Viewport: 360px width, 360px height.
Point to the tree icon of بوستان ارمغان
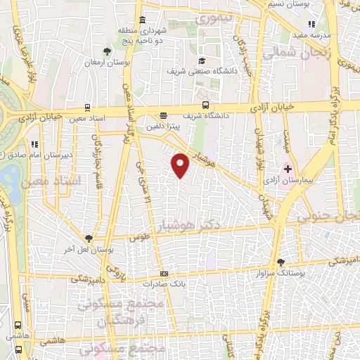point(107,51)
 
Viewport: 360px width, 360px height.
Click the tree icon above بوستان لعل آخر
point(89,238)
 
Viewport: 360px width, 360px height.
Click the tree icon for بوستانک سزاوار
point(281,260)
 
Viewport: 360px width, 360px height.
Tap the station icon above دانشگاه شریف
point(164,115)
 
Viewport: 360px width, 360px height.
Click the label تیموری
point(211,20)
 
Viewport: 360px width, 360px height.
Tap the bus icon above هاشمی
point(16,326)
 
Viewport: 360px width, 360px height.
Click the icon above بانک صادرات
point(164,274)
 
